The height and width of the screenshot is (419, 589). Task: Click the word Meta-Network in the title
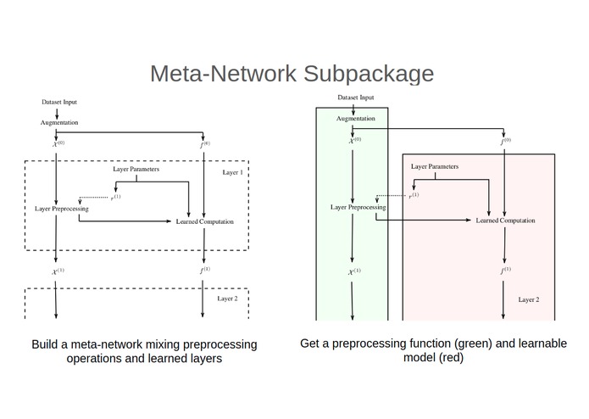pos(222,74)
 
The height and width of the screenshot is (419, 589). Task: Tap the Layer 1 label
pos(232,172)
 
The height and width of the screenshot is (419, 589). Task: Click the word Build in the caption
pos(47,345)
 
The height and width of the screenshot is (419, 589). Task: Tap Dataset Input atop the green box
pos(356,98)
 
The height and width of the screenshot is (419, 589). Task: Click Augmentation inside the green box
pos(356,119)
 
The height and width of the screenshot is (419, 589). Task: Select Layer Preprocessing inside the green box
pos(358,207)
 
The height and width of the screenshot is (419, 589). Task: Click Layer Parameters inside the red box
pos(435,167)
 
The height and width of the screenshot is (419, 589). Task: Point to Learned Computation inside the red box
pos(505,221)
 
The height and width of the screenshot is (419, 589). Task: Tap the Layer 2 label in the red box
pos(529,299)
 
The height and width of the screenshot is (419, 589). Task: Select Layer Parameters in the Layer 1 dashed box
pos(136,169)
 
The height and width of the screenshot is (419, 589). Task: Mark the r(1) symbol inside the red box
pos(413,196)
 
